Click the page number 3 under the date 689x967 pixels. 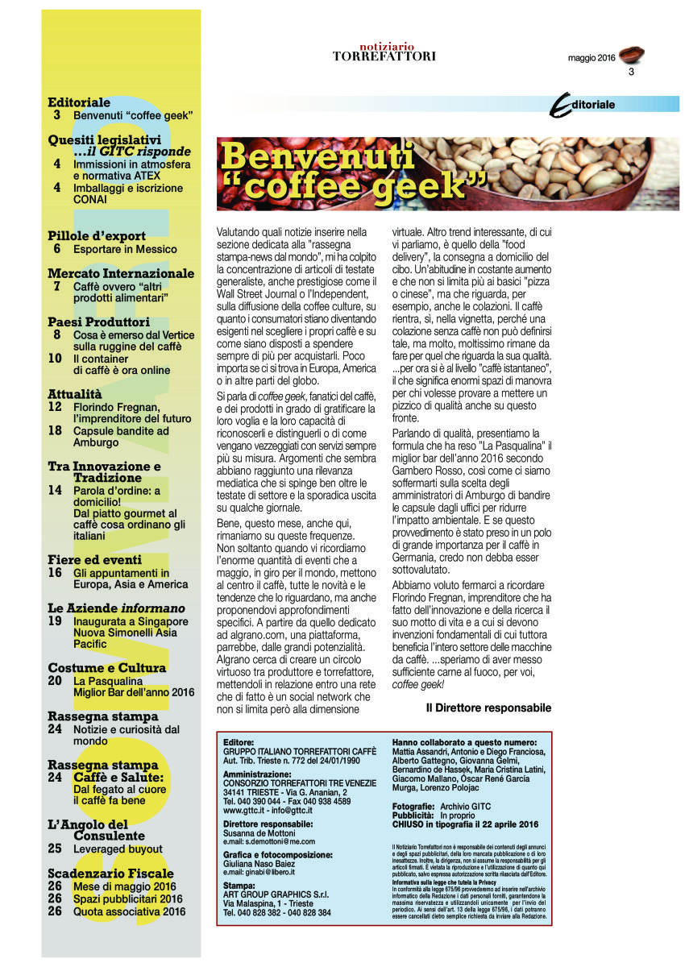click(632, 73)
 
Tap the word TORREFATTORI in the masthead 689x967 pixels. click(384, 56)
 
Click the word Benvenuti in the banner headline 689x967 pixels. click(318, 156)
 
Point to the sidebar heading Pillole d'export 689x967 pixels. click(97, 236)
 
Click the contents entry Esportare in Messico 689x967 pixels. click(125, 249)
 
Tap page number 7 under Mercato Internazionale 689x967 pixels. click(57, 286)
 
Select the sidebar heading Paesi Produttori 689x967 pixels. click(98, 322)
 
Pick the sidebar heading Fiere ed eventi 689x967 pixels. click(94, 559)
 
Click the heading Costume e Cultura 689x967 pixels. click(107, 668)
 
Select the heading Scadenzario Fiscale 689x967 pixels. click(110, 874)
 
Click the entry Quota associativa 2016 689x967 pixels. click(129, 911)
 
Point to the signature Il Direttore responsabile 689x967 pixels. click(488, 708)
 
